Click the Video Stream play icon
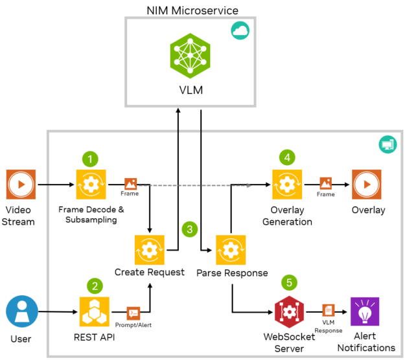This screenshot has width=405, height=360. click(21, 185)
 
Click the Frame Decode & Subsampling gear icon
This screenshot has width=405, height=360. click(91, 185)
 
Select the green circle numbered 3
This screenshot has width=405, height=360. click(190, 229)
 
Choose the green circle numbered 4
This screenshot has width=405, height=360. click(286, 157)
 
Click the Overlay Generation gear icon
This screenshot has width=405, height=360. click(286, 185)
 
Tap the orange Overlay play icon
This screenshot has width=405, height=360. click(366, 185)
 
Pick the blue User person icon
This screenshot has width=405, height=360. click(21, 312)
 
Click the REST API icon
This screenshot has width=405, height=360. click(95, 312)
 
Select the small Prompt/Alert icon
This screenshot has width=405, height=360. click(133, 313)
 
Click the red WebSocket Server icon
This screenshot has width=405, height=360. click(288, 312)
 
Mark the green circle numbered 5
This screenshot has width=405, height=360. click(288, 283)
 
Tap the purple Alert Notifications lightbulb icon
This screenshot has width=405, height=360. click(365, 312)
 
